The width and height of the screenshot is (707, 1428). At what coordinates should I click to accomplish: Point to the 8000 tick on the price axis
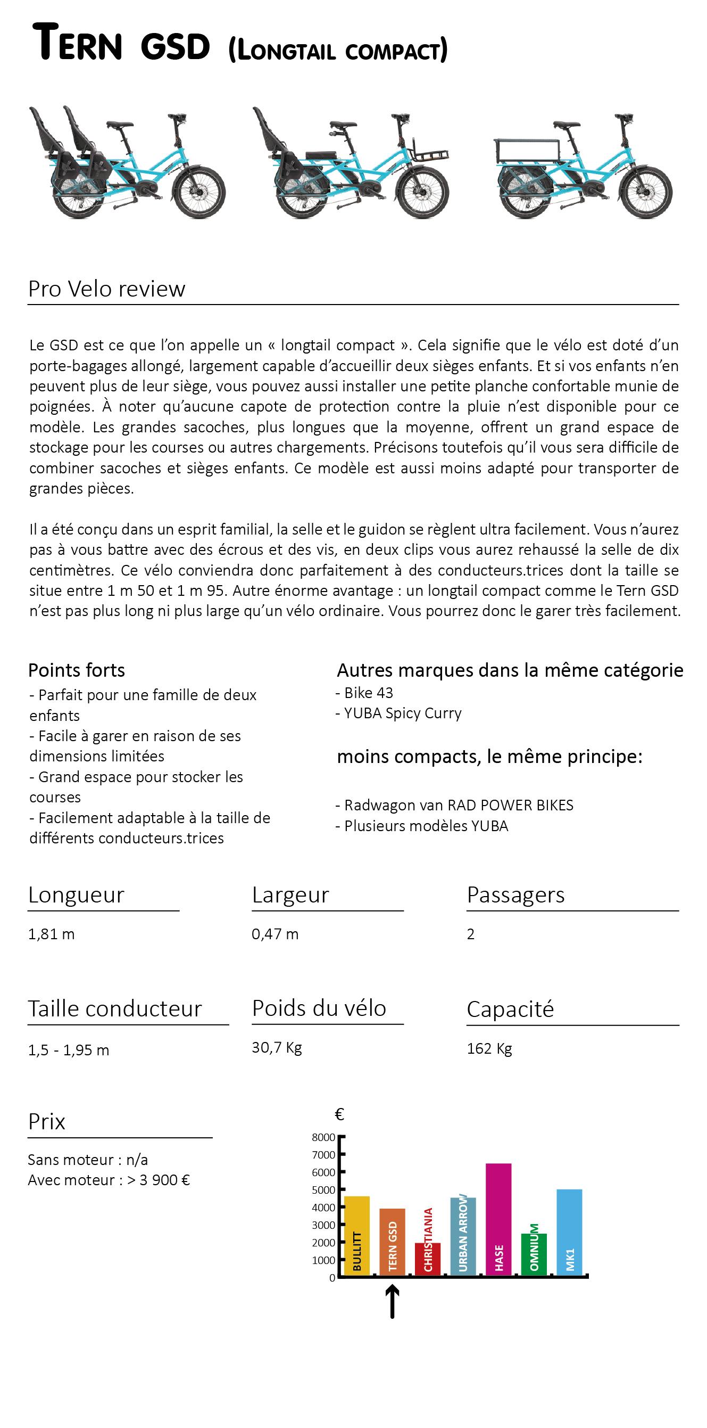pyautogui.click(x=324, y=1137)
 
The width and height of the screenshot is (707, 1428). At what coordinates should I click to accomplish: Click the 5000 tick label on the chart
pyautogui.click(x=324, y=1190)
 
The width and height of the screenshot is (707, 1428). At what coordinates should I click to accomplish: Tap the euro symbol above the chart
pyautogui.click(x=339, y=1114)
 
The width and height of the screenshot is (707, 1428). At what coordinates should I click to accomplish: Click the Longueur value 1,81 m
pyautogui.click(x=52, y=934)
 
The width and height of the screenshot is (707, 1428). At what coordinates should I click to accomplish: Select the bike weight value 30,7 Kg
pyautogui.click(x=277, y=1047)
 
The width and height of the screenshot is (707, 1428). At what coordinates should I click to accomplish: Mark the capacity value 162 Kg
pyautogui.click(x=489, y=1048)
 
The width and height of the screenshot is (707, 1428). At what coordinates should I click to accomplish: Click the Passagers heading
pyautogui.click(x=515, y=895)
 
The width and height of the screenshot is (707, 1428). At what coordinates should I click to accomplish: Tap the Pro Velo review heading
pyautogui.click(x=106, y=289)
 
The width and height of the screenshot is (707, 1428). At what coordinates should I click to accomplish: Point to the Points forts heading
pyautogui.click(x=77, y=670)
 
